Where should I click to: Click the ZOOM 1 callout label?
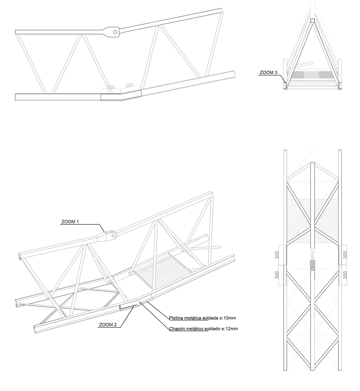(x=70, y=221)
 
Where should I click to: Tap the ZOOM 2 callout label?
(x=108, y=325)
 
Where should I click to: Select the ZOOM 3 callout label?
(x=268, y=72)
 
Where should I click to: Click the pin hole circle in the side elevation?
(x=115, y=32)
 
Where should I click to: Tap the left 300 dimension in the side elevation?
(x=111, y=87)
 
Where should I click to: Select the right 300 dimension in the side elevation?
(x=129, y=86)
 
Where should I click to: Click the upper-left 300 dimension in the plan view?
(x=276, y=255)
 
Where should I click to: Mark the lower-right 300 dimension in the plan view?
(x=345, y=275)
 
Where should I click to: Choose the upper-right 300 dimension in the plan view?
(x=345, y=255)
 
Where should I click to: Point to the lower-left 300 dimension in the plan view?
(x=276, y=275)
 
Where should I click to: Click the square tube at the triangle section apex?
(x=312, y=21)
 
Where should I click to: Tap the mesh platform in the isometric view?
(x=163, y=268)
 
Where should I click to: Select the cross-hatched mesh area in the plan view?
(x=312, y=221)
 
